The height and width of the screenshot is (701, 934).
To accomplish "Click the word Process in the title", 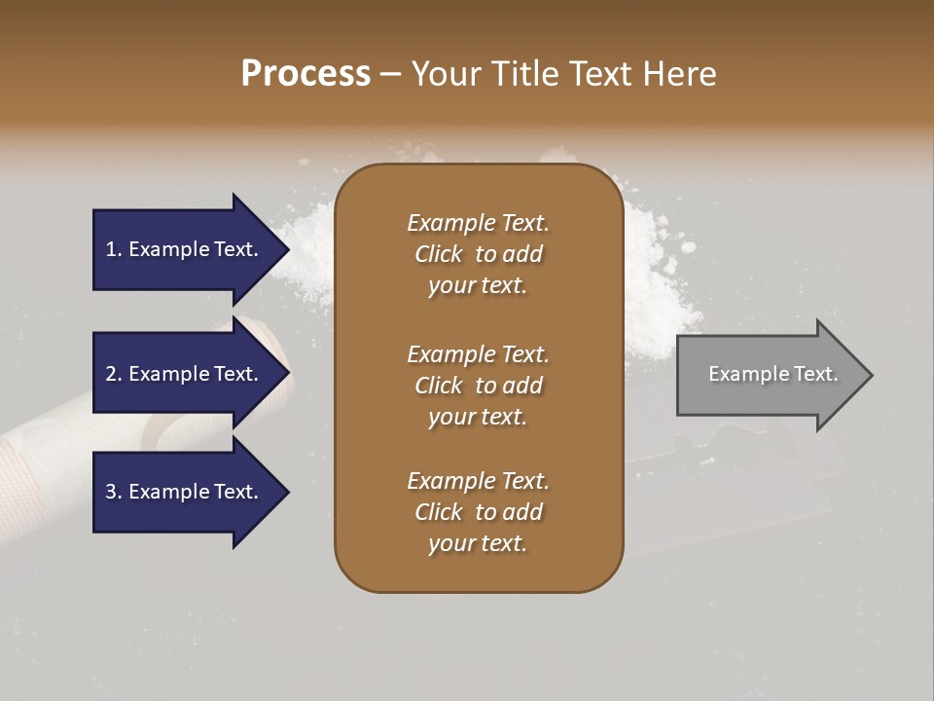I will click(305, 74).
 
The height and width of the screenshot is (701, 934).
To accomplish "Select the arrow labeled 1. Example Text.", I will click(185, 249).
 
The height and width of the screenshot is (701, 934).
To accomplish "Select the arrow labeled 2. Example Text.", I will click(185, 374).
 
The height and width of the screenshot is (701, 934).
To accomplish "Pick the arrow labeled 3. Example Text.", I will click(185, 492).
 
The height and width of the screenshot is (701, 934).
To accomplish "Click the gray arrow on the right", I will click(769, 375).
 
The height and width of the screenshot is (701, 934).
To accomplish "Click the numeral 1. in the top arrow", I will click(114, 249).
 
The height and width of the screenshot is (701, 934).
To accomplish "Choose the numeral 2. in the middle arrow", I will click(114, 374).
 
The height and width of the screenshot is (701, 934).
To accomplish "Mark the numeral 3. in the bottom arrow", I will click(114, 492).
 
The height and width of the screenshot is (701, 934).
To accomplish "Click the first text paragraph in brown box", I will click(478, 254).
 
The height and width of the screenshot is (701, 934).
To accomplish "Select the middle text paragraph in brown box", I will click(478, 385).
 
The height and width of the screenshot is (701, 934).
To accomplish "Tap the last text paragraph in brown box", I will click(478, 512).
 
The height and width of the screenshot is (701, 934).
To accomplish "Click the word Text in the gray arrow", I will click(817, 374).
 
